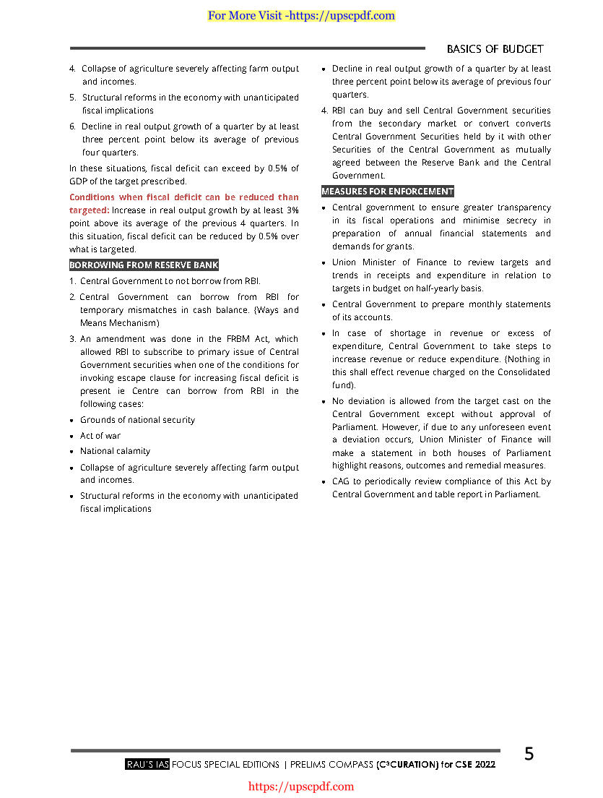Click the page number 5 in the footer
coord(529,754)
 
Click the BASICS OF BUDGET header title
coord(495,49)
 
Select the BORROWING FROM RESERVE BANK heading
coord(144,265)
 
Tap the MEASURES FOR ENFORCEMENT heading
coord(387,192)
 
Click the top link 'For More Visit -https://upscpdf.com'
coord(301,15)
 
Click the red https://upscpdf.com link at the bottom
coord(301,786)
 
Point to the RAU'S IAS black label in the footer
coord(147,764)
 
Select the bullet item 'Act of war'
coord(100,436)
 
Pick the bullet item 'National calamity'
coord(116,451)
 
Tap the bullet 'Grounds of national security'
coord(137,420)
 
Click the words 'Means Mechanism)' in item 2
coord(120,323)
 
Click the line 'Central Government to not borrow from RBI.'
coord(170,281)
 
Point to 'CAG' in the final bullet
coord(340,481)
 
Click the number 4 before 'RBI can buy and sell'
coord(324,111)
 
